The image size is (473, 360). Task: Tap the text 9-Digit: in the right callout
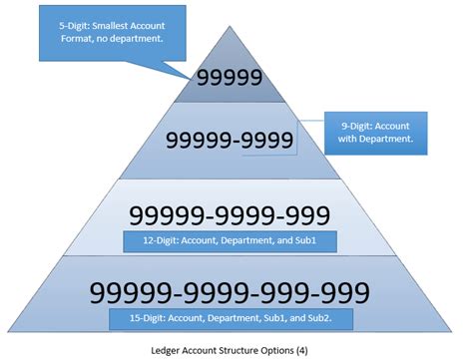(x=353, y=124)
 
